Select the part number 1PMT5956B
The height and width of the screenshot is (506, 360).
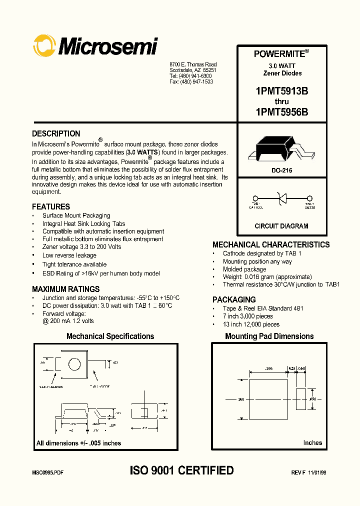(281, 113)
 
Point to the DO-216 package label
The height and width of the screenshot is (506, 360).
(282, 170)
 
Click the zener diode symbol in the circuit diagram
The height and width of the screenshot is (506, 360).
(281, 198)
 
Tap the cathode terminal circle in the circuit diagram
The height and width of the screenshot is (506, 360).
(255, 198)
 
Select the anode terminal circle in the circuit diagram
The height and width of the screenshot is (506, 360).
(309, 198)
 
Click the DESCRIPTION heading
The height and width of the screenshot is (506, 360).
(56, 134)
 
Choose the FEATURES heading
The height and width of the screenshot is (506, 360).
(51, 206)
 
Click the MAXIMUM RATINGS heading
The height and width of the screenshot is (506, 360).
(65, 289)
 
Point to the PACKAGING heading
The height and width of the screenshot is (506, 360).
(234, 299)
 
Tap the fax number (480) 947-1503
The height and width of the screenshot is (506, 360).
(191, 81)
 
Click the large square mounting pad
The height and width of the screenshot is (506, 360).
(268, 400)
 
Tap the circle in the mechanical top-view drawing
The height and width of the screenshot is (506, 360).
(74, 364)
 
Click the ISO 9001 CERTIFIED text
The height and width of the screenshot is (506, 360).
(181, 470)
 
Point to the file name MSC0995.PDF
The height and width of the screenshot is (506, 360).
(48, 472)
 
